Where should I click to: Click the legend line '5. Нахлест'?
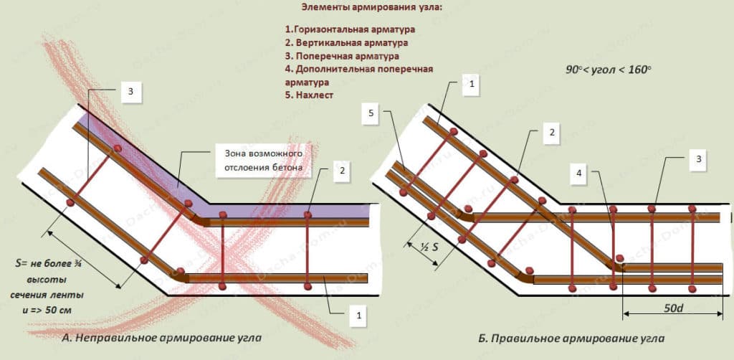pos(310,95)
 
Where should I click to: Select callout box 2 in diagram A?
pos(343,171)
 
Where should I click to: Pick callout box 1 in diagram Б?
pos(471,84)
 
